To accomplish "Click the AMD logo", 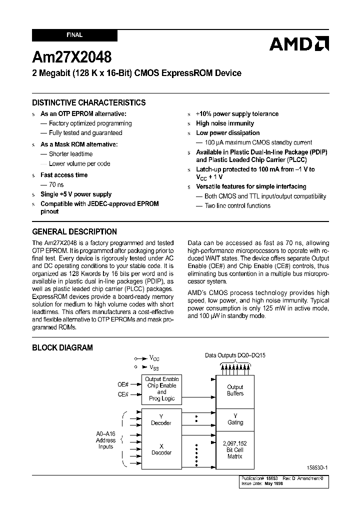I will [x=299, y=44].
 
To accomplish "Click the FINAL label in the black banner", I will [x=74, y=35].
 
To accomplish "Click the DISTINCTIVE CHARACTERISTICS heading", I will [x=89, y=102].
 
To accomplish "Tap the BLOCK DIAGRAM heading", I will [x=62, y=347].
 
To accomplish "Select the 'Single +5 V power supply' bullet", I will [x=76, y=194].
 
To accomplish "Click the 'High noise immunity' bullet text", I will [x=225, y=123].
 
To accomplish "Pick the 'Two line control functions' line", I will [x=237, y=205].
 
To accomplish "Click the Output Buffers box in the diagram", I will [x=235, y=390].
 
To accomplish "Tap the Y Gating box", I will [x=235, y=419].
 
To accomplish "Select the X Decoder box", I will [x=161, y=449].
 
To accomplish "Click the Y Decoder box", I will [x=161, y=419].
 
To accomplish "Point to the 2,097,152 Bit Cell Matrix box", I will [x=235, y=450].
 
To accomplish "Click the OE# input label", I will [x=123, y=384].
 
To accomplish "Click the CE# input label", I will [x=123, y=394].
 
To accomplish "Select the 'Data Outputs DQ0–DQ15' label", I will [x=235, y=355].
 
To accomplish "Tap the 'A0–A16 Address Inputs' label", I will [x=105, y=440].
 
